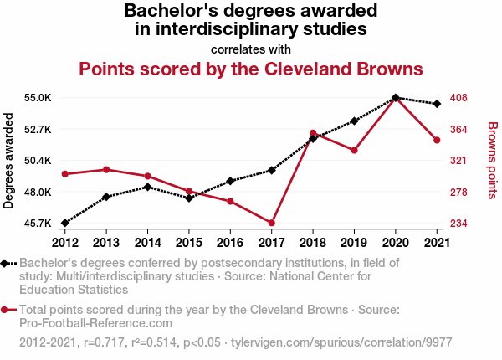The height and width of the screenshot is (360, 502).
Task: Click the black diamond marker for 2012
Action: [64, 223]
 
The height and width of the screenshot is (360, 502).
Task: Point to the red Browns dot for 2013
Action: [106, 170]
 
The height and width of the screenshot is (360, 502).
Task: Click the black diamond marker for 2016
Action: [230, 181]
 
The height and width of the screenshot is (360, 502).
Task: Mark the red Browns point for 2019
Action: [354, 151]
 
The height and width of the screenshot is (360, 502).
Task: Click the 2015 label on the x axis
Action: [189, 243]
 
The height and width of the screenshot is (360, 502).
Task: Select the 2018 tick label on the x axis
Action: [313, 243]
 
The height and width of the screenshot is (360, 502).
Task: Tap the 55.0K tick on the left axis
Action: [38, 98]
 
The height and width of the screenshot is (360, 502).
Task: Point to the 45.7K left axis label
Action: [38, 224]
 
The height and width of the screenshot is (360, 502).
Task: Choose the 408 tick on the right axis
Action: [458, 98]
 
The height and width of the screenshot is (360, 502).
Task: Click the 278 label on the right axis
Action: [458, 193]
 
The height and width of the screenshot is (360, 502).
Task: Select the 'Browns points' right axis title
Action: [492, 161]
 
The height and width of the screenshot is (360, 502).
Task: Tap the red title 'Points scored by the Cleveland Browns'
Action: [251, 68]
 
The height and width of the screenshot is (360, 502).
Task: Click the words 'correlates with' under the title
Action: [251, 49]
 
